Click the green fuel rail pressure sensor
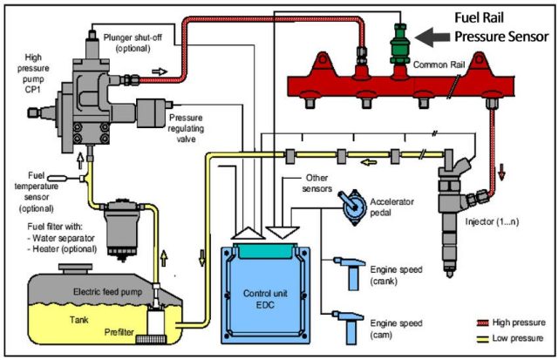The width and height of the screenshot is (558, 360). point(400,44)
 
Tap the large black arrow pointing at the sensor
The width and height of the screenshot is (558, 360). point(432,37)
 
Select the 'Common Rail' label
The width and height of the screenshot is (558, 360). point(439,65)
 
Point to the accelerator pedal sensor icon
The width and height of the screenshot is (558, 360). point(354,207)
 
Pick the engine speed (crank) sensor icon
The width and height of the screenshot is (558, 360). point(350,273)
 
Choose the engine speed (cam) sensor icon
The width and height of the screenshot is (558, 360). point(349,327)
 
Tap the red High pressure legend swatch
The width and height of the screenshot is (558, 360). point(482,323)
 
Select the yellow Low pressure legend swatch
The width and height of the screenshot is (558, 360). point(482,339)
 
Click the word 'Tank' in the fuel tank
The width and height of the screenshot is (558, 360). point(79,319)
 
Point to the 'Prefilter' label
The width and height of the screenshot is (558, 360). point(119,332)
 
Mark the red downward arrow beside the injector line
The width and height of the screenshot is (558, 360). point(502,172)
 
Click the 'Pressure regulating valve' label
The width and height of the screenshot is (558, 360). point(186,128)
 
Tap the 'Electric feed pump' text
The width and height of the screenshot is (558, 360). point(107,292)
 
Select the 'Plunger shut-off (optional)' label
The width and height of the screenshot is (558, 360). point(133,43)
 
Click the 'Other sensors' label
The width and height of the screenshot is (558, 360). point(316,183)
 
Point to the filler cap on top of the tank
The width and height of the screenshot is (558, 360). point(76,268)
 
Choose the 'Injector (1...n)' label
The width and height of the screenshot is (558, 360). point(492,222)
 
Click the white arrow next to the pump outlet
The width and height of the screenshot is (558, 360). point(160,71)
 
